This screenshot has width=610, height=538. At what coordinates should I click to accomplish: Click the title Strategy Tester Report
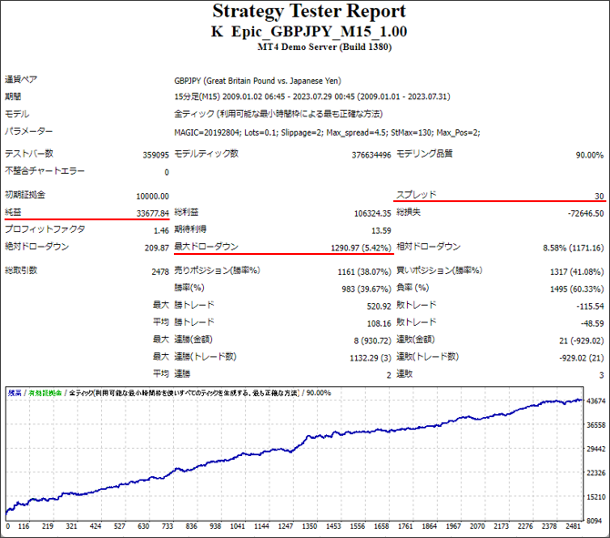pyautogui.click(x=309, y=12)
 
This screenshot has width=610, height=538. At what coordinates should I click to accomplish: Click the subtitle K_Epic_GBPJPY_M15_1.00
pyautogui.click(x=309, y=31)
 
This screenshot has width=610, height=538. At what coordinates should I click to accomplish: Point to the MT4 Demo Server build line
pyautogui.click(x=309, y=47)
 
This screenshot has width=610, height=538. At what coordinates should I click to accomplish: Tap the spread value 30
pyautogui.click(x=598, y=196)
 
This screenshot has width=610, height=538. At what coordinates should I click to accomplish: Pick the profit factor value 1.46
pyautogui.click(x=160, y=229)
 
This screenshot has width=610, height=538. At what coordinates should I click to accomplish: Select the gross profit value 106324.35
pyautogui.click(x=366, y=213)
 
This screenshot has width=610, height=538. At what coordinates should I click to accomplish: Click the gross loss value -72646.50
pyautogui.click(x=581, y=213)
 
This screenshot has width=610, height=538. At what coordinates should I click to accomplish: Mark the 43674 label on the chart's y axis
pyautogui.click(x=595, y=401)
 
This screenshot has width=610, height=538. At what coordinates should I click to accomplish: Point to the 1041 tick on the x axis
pyautogui.click(x=237, y=526)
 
